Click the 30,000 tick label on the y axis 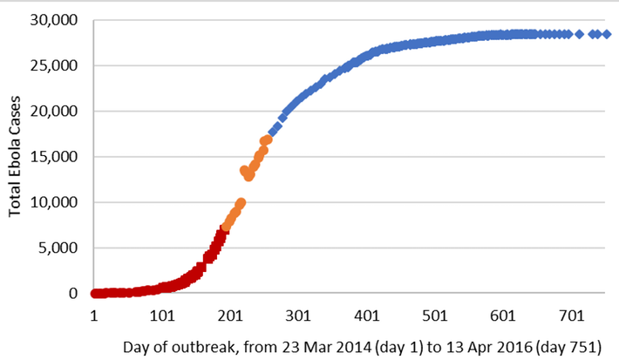point(57,19)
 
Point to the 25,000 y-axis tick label point(57,65)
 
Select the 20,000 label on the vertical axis point(57,111)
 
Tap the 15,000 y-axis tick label point(57,157)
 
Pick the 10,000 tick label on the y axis point(57,202)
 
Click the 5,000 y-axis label point(60,248)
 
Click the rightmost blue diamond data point point(607,34)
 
